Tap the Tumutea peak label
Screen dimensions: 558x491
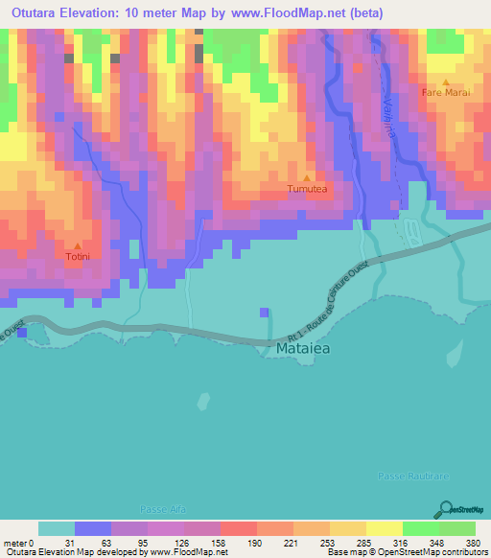(307, 190)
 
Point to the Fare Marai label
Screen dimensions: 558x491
(445, 93)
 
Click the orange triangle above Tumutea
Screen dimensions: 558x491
(307, 178)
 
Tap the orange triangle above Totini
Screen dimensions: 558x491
(79, 245)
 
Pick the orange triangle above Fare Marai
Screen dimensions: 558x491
(445, 81)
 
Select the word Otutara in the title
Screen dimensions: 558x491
(34, 13)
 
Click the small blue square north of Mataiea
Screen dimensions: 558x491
(264, 312)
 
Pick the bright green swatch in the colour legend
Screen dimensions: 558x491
(420, 528)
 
